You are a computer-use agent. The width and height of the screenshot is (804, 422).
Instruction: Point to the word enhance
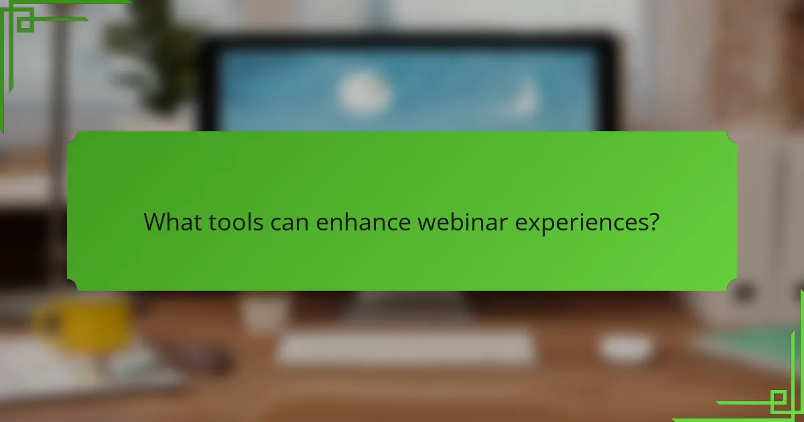tap(362, 222)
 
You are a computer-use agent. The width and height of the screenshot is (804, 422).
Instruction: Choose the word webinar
tap(463, 222)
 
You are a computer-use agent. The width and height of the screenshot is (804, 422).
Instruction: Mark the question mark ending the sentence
tap(654, 222)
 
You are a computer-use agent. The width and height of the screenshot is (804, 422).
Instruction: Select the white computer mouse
tap(624, 347)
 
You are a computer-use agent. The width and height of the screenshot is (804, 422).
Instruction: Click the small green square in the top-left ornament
tap(25, 23)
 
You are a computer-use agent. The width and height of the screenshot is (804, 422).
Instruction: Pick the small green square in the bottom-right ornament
tap(778, 401)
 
